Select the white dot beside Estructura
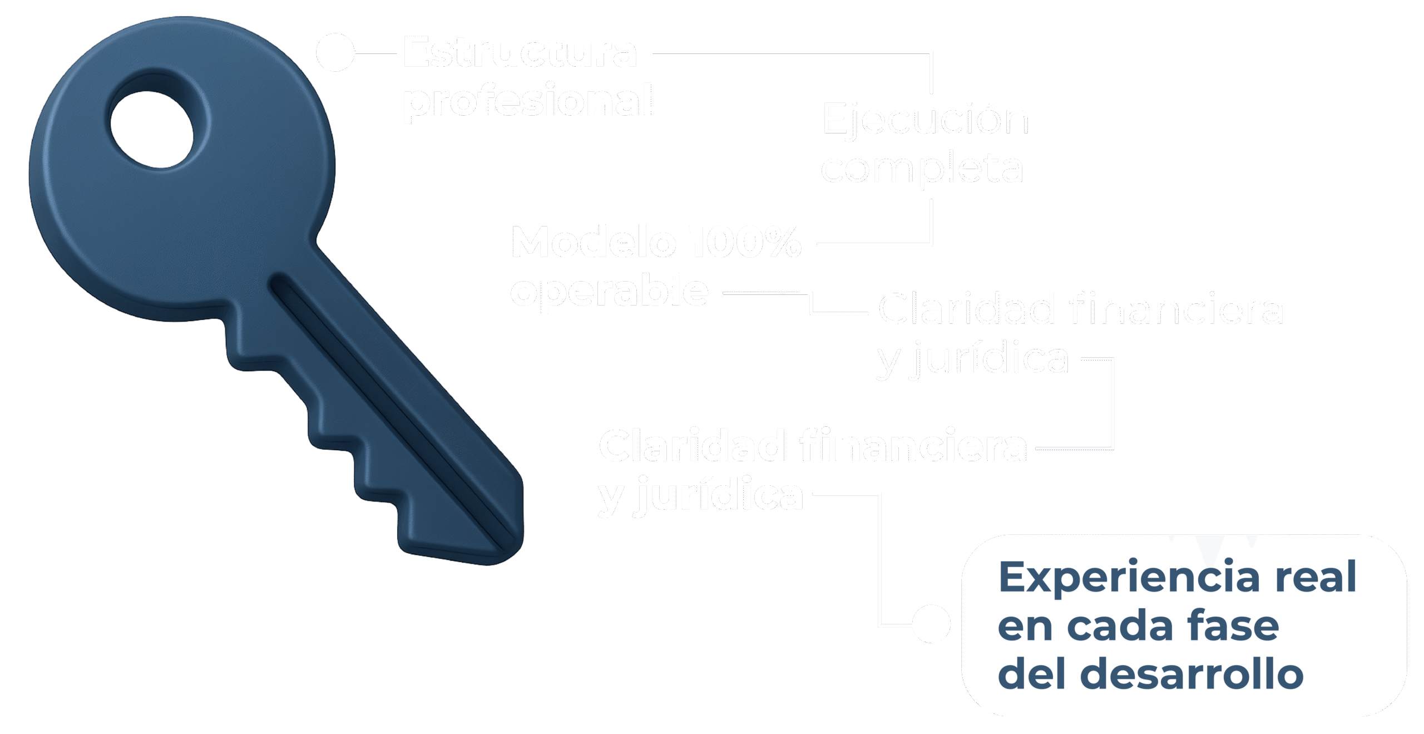pyautogui.click(x=335, y=52)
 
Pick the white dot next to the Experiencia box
pyautogui.click(x=931, y=624)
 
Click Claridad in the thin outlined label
pyautogui.click(x=966, y=309)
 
